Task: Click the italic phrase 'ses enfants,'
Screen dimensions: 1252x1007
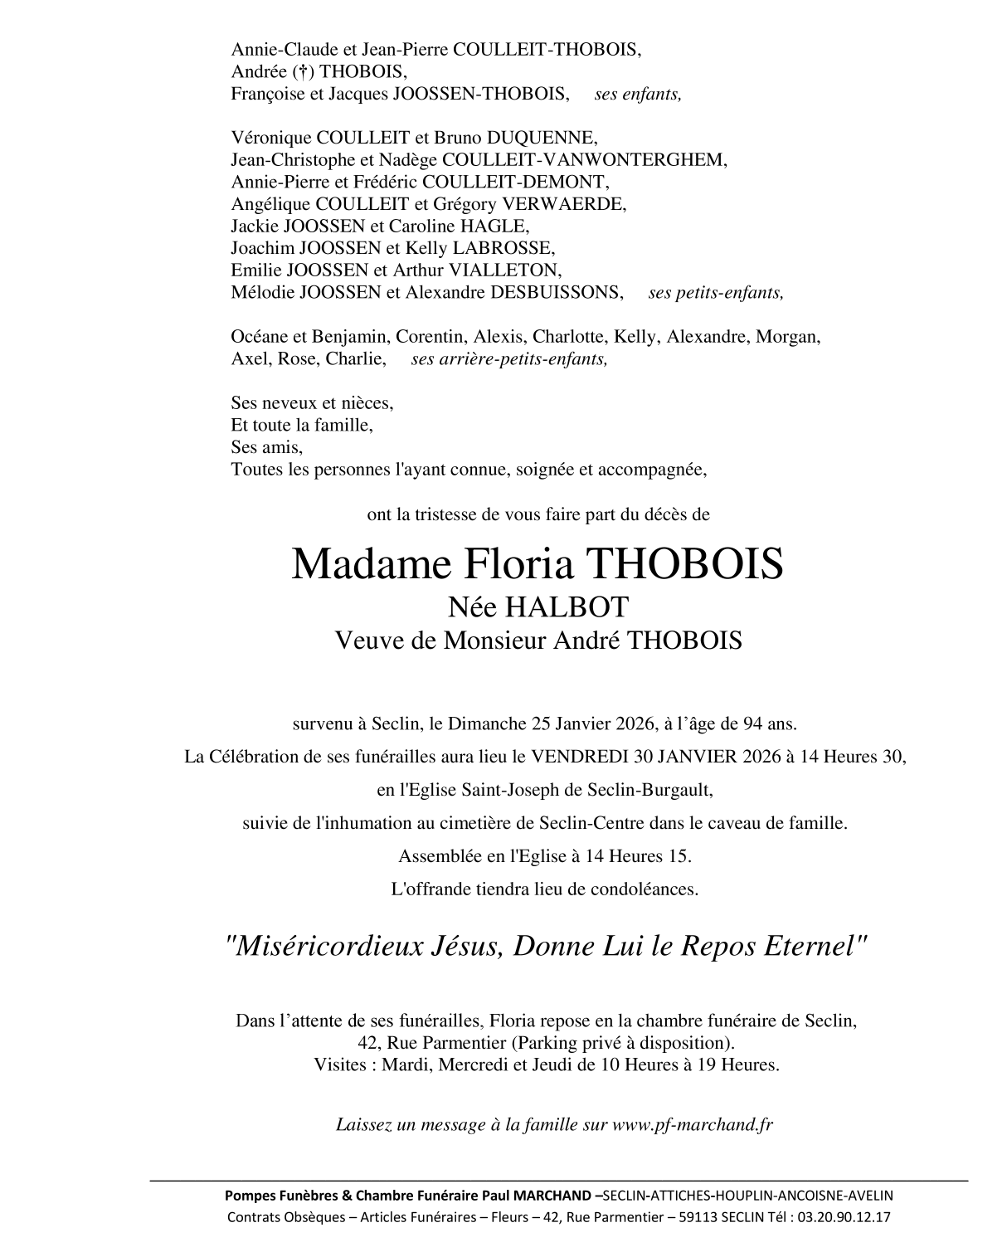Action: [x=638, y=94]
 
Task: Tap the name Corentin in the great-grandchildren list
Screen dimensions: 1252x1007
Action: [x=430, y=337]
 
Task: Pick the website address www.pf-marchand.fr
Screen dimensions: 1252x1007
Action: [x=693, y=1125]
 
